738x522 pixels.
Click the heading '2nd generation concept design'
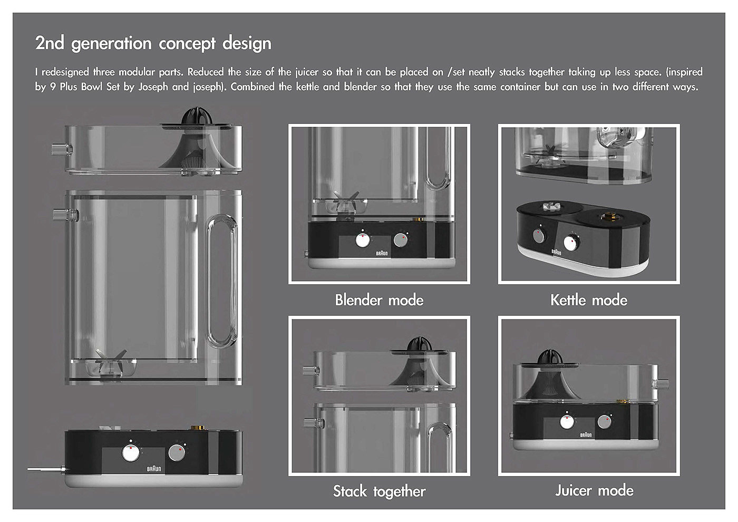[x=153, y=43]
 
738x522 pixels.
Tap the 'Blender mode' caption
[x=379, y=300]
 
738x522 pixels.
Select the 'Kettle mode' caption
[x=589, y=300]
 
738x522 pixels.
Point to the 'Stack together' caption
[x=379, y=491]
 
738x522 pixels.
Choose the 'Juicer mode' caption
[x=594, y=490]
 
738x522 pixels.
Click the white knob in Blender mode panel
[x=362, y=240]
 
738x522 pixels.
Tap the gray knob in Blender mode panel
[x=401, y=240]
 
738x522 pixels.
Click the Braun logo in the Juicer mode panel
[x=586, y=435]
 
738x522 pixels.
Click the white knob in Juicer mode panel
[x=567, y=421]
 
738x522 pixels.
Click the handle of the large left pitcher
[x=222, y=281]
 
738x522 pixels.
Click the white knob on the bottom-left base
[x=130, y=453]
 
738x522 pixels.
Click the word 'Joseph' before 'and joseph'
[x=153, y=87]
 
